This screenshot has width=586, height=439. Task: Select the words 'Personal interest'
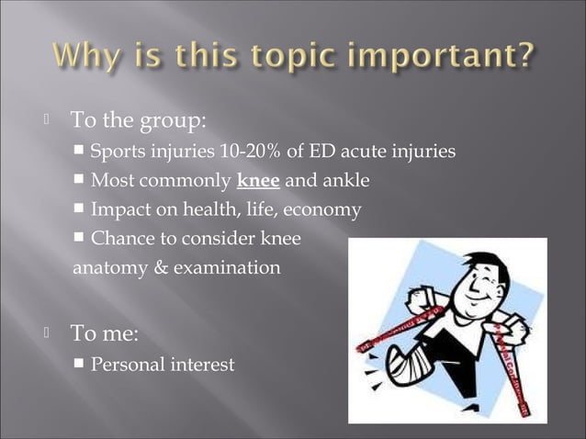tap(163, 365)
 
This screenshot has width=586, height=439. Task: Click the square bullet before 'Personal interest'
tap(80, 365)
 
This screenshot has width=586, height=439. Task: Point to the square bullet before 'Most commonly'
tap(80, 181)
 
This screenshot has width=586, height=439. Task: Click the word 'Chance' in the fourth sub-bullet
tap(120, 240)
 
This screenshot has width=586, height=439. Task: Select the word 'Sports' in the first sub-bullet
tap(118, 152)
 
